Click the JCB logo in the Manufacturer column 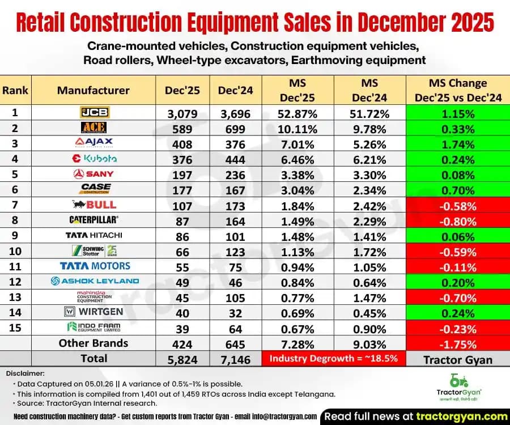[93, 113]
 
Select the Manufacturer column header [93, 90]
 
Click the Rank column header [15, 90]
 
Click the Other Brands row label [93, 343]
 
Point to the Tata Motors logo [95, 265]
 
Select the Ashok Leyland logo [94, 280]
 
